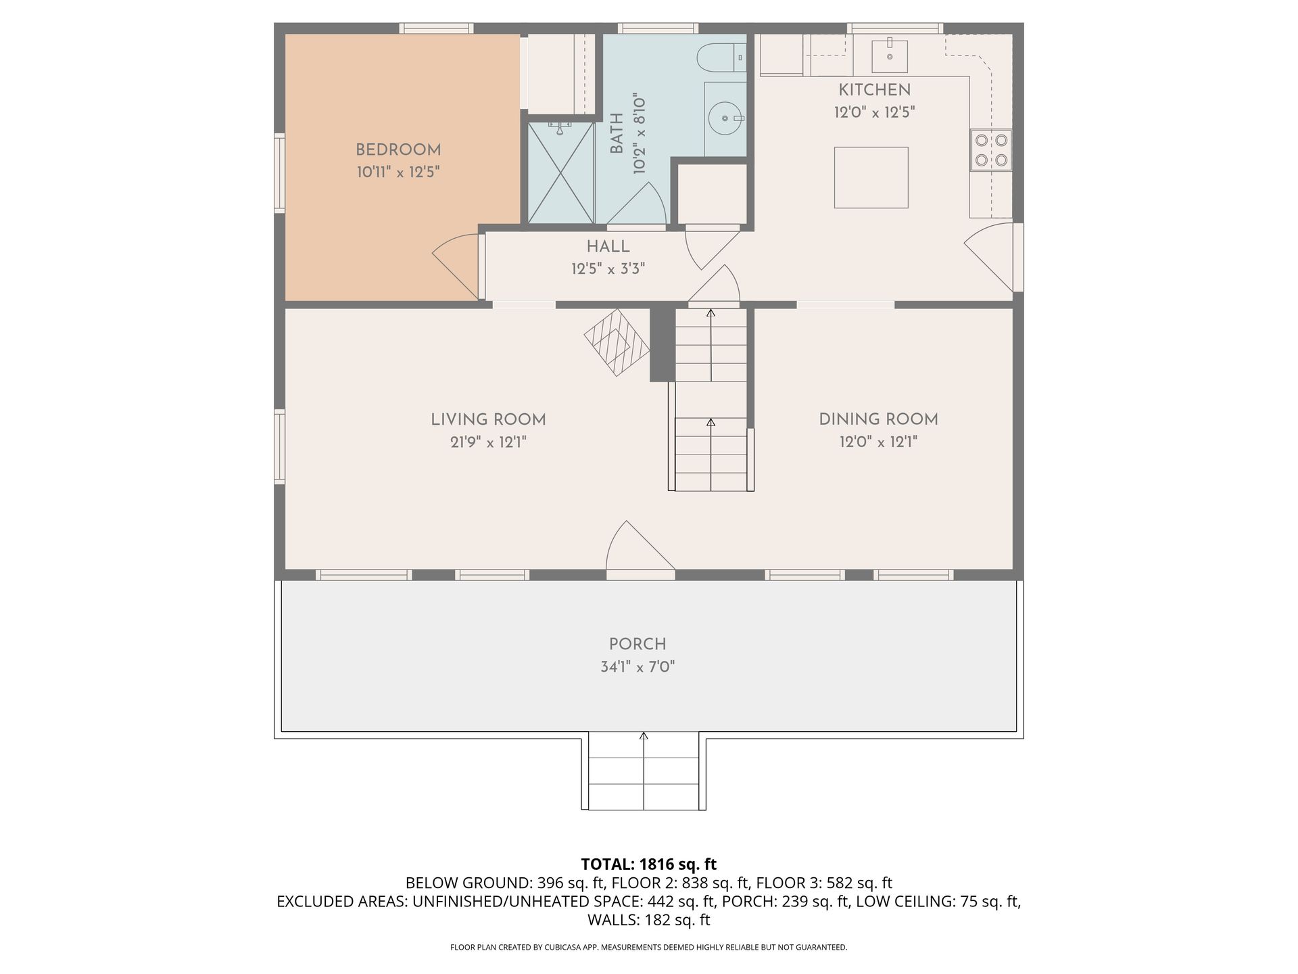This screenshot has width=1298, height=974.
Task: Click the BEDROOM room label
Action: coord(398,150)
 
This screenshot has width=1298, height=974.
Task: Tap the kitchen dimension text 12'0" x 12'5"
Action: coord(874,112)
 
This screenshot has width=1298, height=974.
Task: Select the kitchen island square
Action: coord(871,177)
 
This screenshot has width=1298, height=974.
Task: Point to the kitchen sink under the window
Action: coord(889,55)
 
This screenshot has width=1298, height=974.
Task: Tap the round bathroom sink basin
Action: coord(725,119)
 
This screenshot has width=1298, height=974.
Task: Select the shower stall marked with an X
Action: coord(560,172)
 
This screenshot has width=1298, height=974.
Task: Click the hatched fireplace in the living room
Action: coord(616,343)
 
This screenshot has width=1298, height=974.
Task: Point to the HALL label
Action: coord(608,247)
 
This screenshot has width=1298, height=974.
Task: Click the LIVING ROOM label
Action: coord(488,419)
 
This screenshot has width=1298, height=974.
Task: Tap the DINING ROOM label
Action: coord(878,419)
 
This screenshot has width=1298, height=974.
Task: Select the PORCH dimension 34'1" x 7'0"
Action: coord(638,668)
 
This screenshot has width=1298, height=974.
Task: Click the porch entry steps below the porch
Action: coord(644,771)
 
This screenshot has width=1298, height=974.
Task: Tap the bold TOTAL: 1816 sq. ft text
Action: coord(648,864)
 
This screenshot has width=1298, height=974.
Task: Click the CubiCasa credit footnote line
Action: coord(648,948)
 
